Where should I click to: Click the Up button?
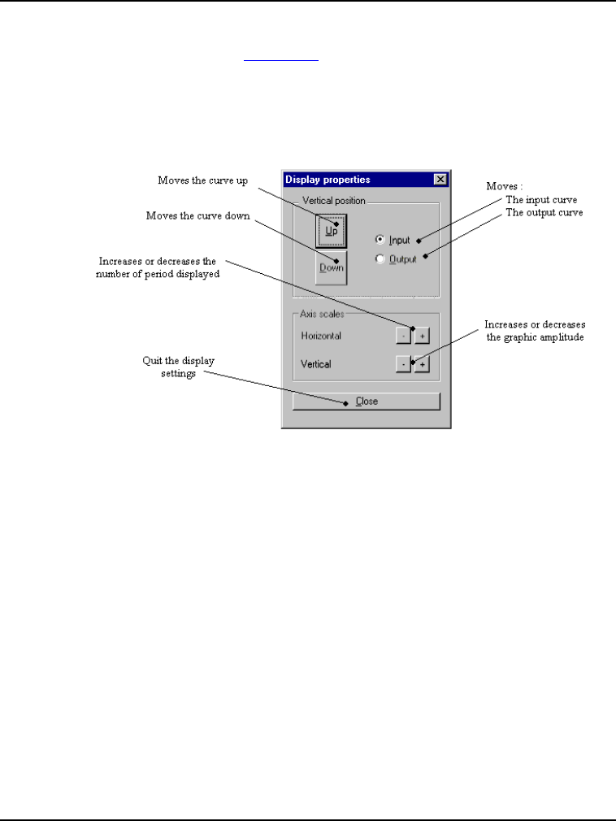331,231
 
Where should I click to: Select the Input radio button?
380,240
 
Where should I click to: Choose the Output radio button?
380,259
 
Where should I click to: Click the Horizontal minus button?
403,335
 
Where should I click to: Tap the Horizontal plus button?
421,335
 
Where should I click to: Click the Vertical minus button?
403,364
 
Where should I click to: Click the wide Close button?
367,402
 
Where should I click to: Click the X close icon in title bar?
440,180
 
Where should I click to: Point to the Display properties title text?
328,180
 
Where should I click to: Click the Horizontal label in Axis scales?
321,335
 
